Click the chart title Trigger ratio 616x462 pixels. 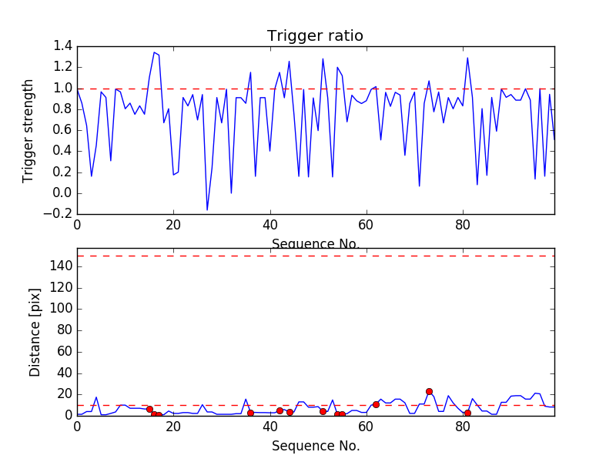coord(315,36)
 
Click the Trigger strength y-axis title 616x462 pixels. coord(28,130)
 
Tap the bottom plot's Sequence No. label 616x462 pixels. coord(316,446)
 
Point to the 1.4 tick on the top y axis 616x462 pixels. coord(63,46)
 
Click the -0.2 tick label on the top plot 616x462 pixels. coord(60,214)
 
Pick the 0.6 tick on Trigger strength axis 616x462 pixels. coord(63,130)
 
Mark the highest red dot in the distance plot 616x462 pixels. coord(429,391)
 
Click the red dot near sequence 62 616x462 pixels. coord(376,404)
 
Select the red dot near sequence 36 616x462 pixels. coord(250,413)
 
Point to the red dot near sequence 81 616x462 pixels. coord(467,413)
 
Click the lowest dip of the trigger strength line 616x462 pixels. coord(207,209)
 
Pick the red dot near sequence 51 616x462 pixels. coord(323,411)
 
